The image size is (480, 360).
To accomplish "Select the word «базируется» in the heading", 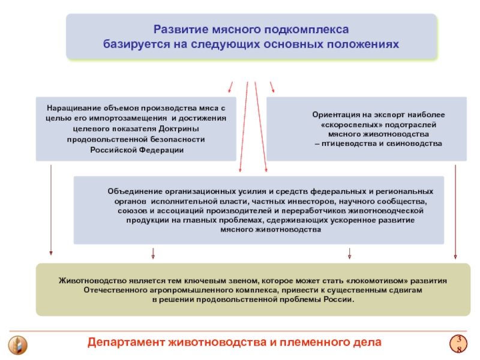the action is (x=133, y=44).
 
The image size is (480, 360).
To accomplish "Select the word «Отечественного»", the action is (x=112, y=290).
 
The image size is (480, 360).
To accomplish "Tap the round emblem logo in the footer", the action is (x=16, y=346).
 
